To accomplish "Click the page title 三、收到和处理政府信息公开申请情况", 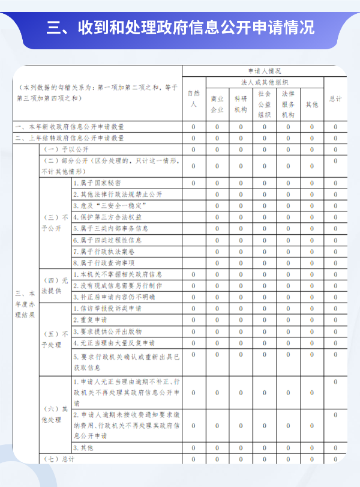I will point(180,28).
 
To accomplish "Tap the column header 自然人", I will point(193,98).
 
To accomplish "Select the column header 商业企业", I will point(217,104).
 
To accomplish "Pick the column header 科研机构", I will point(241,104).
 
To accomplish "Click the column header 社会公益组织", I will point(265,104).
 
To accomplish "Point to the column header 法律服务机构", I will point(288,104).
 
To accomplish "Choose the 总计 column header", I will point(335,98).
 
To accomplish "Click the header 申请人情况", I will point(264,70).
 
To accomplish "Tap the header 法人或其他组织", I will point(265,82).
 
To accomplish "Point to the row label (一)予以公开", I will point(59,149).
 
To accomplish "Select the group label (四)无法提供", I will point(52,285).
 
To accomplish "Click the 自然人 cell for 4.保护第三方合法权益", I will point(193,217).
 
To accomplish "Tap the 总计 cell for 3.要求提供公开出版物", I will point(335,331).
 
